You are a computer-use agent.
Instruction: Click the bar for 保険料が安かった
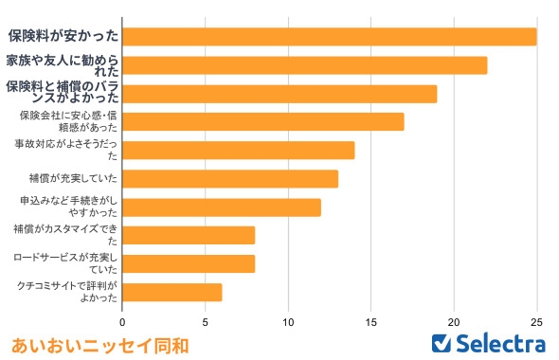click(330, 37)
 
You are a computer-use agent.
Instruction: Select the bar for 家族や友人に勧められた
click(305, 65)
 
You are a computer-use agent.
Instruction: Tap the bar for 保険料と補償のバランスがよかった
click(279, 94)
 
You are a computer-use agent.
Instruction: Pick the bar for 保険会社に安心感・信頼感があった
click(263, 122)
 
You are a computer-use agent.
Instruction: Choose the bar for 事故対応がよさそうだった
click(239, 151)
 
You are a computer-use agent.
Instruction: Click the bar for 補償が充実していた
click(230, 179)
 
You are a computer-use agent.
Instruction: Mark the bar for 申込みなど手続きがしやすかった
click(222, 207)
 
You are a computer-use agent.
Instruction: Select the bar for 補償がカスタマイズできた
click(189, 235)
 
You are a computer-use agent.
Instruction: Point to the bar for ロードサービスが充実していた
click(189, 263)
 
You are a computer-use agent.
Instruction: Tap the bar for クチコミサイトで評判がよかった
click(172, 292)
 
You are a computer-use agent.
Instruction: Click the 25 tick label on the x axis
click(537, 319)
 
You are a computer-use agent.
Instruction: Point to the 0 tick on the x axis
click(123, 319)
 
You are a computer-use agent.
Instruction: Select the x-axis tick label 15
click(371, 319)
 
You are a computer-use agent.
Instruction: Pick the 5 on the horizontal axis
click(206, 319)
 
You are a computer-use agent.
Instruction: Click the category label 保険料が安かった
click(63, 37)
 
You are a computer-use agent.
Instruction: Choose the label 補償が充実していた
click(73, 179)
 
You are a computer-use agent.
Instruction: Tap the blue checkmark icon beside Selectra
click(441, 343)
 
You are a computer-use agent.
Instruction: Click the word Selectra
click(500, 343)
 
